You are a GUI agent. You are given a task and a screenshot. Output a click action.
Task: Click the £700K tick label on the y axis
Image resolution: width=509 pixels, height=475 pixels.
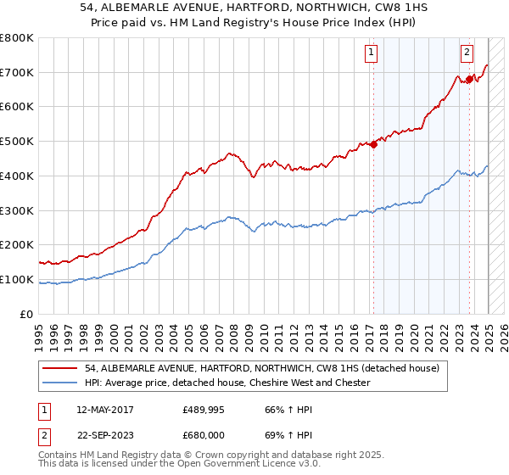[x=17, y=73]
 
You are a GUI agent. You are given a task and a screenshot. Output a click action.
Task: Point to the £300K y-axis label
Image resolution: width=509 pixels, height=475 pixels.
[x=17, y=210]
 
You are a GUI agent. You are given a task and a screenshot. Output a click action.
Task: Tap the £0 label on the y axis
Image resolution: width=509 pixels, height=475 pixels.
[x=28, y=314]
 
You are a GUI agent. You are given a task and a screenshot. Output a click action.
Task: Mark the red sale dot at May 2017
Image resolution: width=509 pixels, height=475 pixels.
[x=373, y=144]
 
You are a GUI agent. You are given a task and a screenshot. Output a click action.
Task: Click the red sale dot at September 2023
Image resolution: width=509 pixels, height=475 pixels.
[x=469, y=79]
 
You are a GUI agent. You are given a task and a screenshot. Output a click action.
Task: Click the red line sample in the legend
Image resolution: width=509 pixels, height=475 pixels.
[x=60, y=368]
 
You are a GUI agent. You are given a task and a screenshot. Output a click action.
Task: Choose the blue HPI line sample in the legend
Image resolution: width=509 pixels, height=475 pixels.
[x=60, y=383]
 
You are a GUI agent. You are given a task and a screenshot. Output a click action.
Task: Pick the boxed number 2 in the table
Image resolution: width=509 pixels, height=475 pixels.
[x=42, y=435]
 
